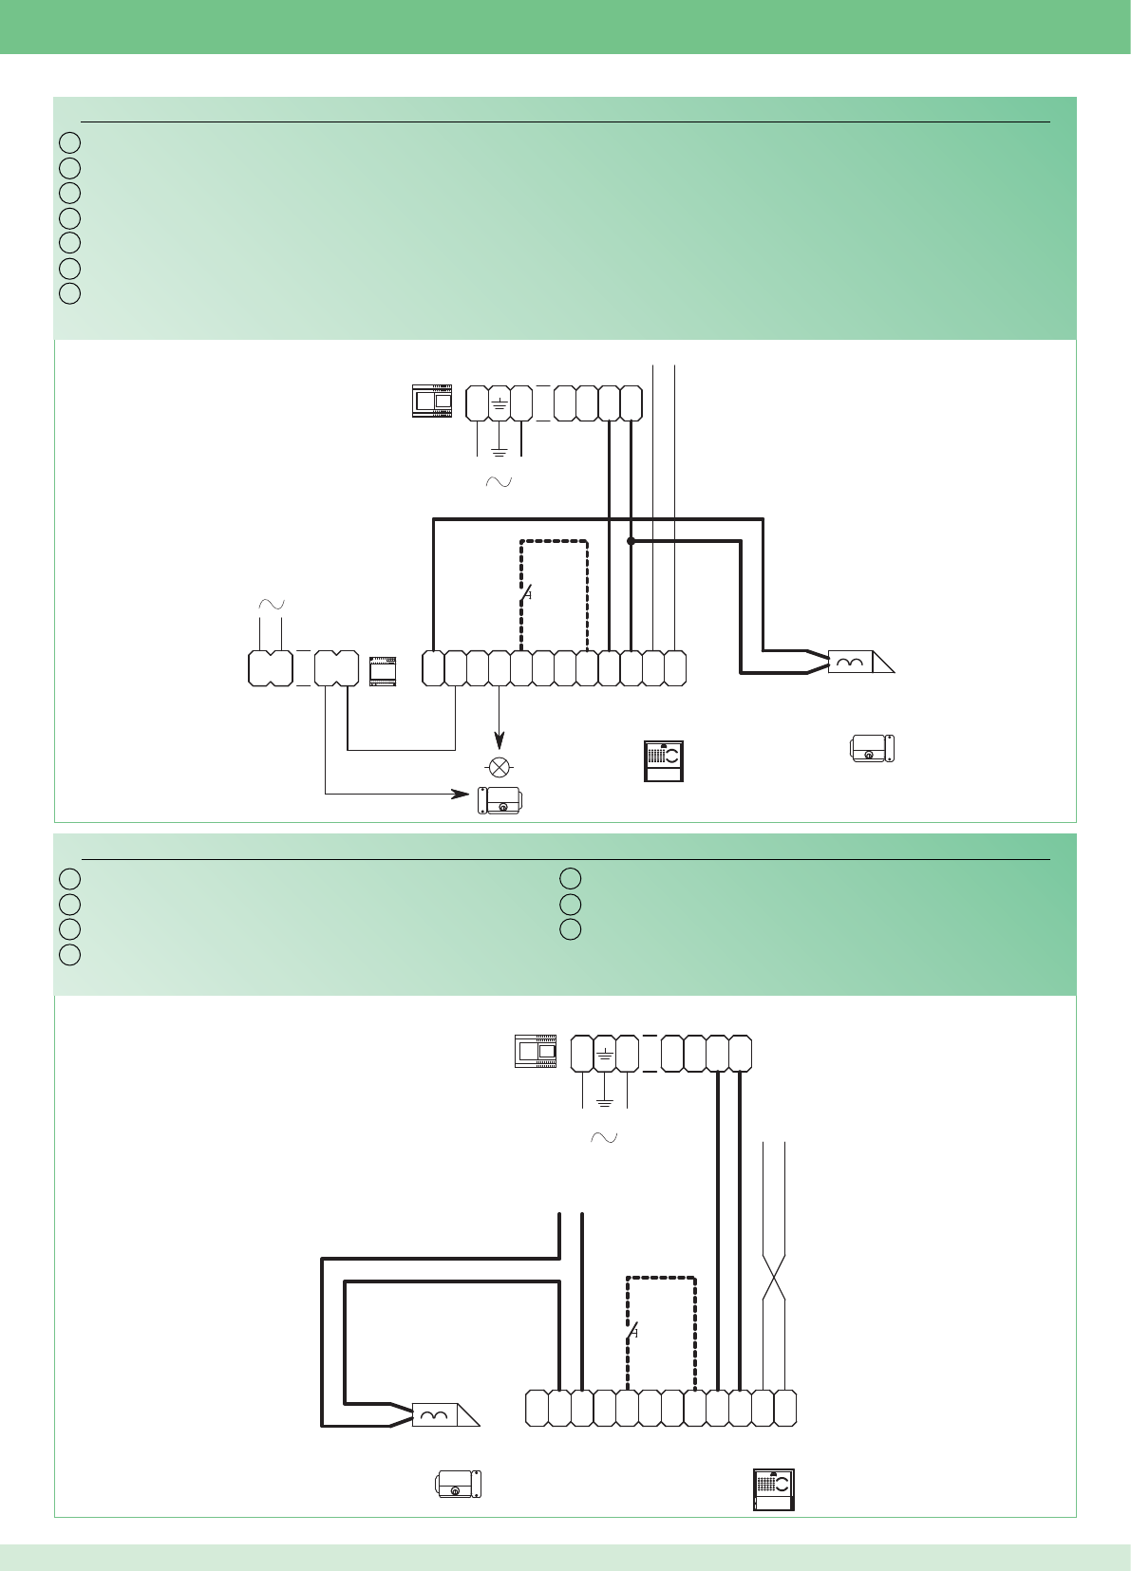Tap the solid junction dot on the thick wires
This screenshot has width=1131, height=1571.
(631, 541)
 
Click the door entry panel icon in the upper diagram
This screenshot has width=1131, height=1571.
(664, 760)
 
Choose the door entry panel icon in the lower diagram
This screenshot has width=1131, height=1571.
(773, 1488)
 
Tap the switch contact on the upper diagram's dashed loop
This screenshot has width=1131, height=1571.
(524, 595)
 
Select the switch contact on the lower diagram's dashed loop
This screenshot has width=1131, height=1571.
(631, 1333)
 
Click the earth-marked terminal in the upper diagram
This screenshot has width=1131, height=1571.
(500, 404)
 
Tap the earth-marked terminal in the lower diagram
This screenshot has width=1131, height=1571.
(604, 1054)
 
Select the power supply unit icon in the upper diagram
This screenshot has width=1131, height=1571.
(432, 401)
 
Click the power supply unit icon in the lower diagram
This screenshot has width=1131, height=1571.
(536, 1050)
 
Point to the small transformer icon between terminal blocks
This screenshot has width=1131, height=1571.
(383, 670)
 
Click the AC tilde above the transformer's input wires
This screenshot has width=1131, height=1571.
(272, 605)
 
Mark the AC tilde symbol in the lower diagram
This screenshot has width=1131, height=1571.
(604, 1137)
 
